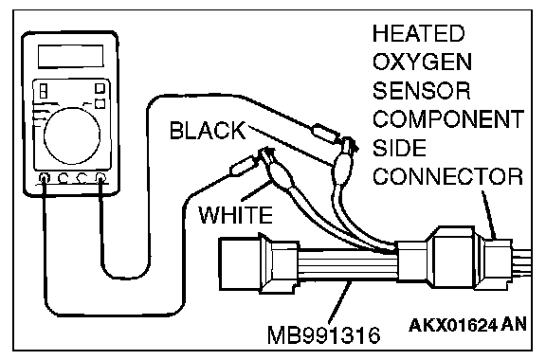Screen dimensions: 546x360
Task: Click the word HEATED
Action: click(x=419, y=33)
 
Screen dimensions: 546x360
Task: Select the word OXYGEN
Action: click(x=422, y=62)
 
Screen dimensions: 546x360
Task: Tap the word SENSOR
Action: click(x=422, y=91)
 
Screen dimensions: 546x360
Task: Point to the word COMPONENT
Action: click(x=448, y=119)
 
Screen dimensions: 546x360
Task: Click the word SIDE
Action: click(x=399, y=148)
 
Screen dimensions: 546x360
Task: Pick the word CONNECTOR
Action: click(x=448, y=176)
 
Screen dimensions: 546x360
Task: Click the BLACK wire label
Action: click(x=208, y=131)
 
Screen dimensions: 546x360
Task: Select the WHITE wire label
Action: click(x=235, y=214)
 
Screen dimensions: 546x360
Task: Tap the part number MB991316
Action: click(x=324, y=335)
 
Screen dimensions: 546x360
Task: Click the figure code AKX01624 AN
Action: click(x=467, y=326)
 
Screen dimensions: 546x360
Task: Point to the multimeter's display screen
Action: click(x=71, y=56)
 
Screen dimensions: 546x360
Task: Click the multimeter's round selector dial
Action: click(x=72, y=135)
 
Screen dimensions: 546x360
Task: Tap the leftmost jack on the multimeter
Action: click(x=45, y=178)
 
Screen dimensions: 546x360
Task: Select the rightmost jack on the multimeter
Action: click(x=100, y=178)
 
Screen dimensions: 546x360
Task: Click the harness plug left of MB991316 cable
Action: click(x=259, y=263)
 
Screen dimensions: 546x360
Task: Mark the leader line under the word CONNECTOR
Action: click(x=488, y=214)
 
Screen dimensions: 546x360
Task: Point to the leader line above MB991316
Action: click(x=338, y=302)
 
